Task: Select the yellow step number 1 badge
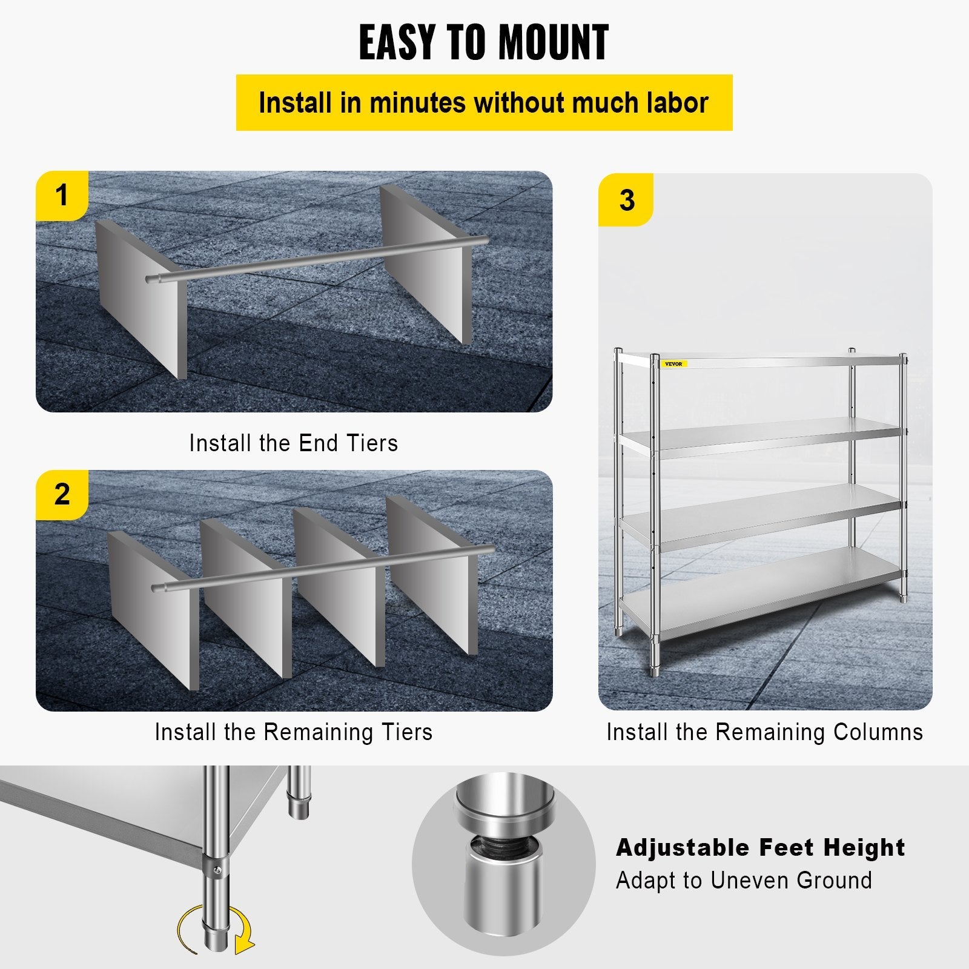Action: [x=62, y=196]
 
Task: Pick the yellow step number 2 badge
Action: [x=62, y=495]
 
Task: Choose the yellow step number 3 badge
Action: [x=626, y=200]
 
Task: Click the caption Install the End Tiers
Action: [x=294, y=443]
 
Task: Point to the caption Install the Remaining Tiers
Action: [x=294, y=732]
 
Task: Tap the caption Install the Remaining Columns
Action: [x=764, y=732]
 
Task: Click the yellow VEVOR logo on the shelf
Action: [x=673, y=364]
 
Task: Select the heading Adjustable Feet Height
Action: [x=760, y=847]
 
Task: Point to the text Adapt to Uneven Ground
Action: [x=744, y=881]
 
